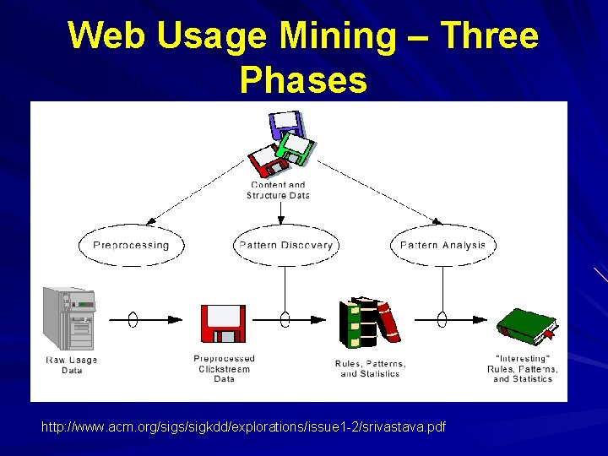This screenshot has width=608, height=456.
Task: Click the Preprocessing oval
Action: tap(131, 246)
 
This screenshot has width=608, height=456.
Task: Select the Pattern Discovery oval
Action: tap(285, 246)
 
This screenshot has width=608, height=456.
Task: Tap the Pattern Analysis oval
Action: tap(442, 246)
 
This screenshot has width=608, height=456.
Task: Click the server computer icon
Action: tap(69, 318)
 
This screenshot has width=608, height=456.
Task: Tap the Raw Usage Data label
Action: tap(71, 365)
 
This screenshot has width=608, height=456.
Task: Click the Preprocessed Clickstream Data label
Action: tap(224, 368)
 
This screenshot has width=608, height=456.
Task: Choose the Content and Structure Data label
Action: tap(278, 190)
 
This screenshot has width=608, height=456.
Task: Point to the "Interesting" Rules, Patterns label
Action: tap(523, 369)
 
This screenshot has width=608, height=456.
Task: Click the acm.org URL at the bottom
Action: tap(243, 427)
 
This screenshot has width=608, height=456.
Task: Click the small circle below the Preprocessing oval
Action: tap(133, 319)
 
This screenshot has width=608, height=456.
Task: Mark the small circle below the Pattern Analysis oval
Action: tap(442, 319)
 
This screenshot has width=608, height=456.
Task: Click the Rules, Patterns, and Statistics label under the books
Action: tap(370, 369)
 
